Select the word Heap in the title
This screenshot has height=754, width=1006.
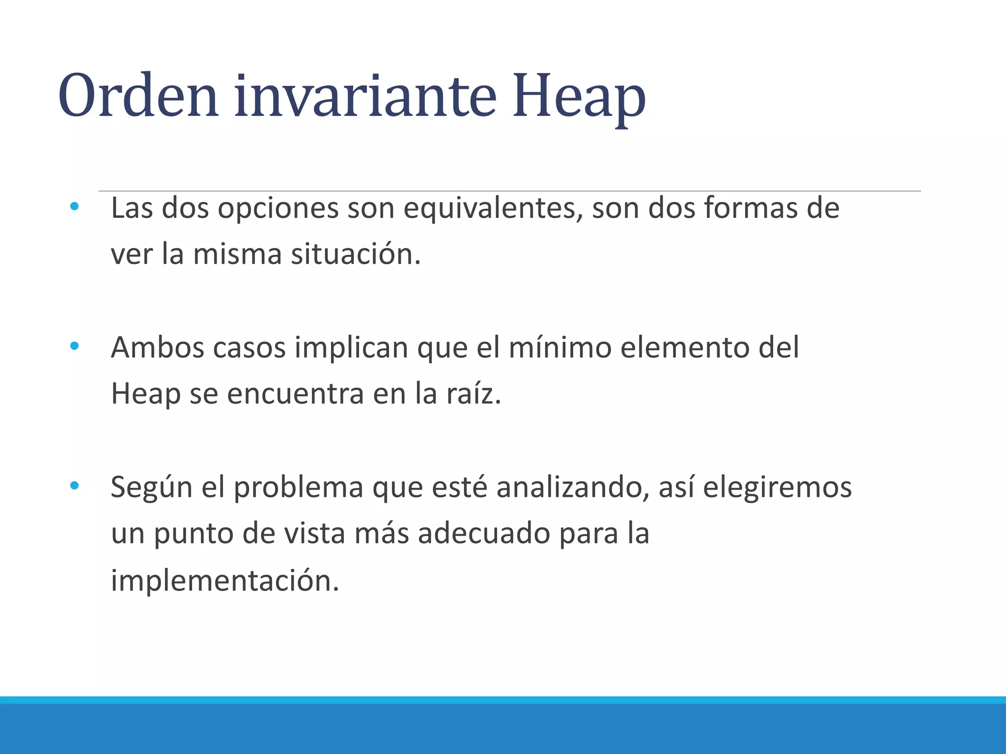579,97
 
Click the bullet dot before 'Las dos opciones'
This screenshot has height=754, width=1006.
74,207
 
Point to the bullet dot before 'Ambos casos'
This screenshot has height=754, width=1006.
74,347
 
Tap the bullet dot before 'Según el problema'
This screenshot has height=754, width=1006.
74,486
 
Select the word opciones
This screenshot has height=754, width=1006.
278,208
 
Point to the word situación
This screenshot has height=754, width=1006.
356,254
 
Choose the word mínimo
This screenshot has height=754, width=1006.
560,348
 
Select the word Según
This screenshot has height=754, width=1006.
151,488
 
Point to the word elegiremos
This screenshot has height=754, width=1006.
777,488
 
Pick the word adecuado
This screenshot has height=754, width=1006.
483,534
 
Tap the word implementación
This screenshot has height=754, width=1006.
225,580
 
